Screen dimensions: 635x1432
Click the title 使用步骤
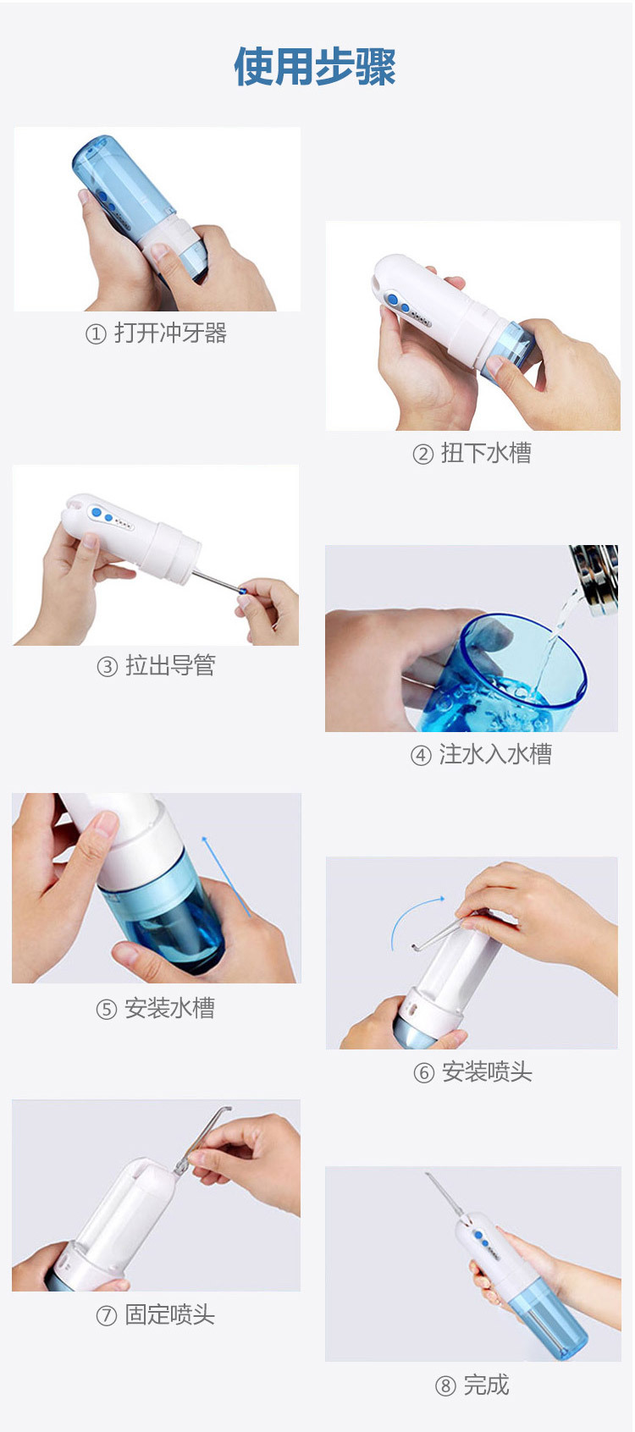(x=315, y=67)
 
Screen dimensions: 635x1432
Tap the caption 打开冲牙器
(x=171, y=333)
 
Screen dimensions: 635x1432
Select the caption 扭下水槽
(x=486, y=454)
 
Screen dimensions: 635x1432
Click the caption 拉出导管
(x=170, y=665)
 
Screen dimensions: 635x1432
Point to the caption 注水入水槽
(x=495, y=754)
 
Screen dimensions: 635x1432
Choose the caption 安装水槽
(x=169, y=1008)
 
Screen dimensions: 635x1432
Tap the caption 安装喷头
(x=487, y=1072)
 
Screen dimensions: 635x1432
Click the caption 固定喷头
(x=169, y=1314)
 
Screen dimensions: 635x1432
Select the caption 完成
(x=486, y=1385)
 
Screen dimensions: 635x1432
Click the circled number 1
(x=96, y=333)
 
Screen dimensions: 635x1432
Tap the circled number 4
(x=421, y=756)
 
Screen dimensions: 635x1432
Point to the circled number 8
(x=445, y=1386)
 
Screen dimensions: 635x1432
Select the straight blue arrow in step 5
(x=226, y=876)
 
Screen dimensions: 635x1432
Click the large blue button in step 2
(x=394, y=300)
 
